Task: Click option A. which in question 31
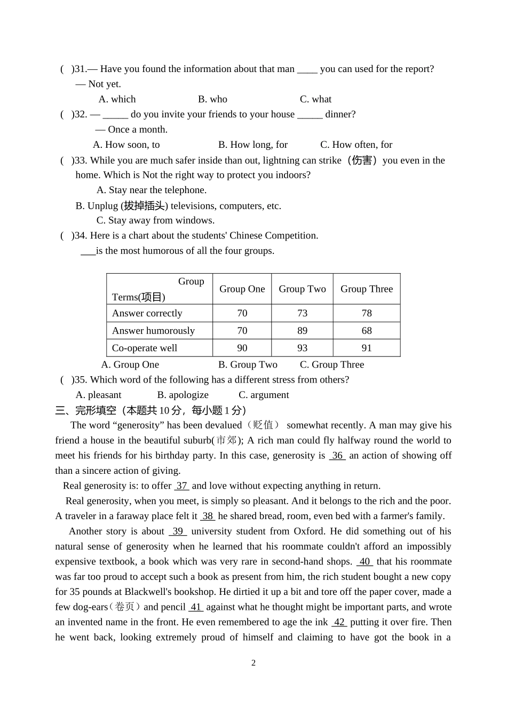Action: pyautogui.click(x=117, y=99)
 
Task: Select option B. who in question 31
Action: pyautogui.click(x=212, y=99)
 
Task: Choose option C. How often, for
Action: pyautogui.click(x=356, y=145)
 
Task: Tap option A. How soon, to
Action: pyautogui.click(x=126, y=145)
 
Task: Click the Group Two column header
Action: pyautogui.click(x=302, y=289)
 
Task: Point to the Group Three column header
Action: pyautogui.click(x=367, y=289)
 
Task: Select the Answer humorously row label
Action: pyautogui.click(x=153, y=331)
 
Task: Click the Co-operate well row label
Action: pyautogui.click(x=145, y=348)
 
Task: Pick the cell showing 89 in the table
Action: pyautogui.click(x=302, y=331)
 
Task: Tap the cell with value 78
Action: pyautogui.click(x=367, y=313)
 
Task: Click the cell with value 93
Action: pyautogui.click(x=302, y=348)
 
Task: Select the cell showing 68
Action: pyautogui.click(x=367, y=331)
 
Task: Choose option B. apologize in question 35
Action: pyautogui.click(x=183, y=395)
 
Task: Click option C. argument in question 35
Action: pyautogui.click(x=264, y=395)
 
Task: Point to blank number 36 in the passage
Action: pyautogui.click(x=337, y=456)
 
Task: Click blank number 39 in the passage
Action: pyautogui.click(x=178, y=531)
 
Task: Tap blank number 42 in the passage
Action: pyautogui.click(x=339, y=622)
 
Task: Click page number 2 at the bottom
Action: pyautogui.click(x=253, y=663)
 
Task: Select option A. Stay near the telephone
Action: pyautogui.click(x=152, y=190)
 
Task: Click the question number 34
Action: pyautogui.click(x=81, y=236)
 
